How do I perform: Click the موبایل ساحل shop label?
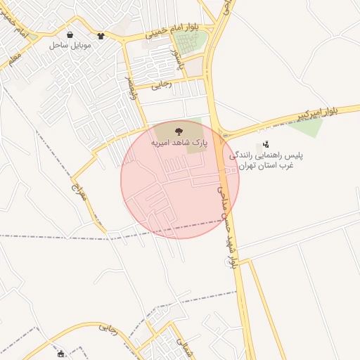tap(67, 44)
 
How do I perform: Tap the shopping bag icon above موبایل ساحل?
tap(70, 34)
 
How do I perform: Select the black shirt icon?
tap(101, 35)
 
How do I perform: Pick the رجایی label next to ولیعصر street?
tap(162, 84)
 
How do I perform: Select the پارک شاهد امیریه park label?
tap(180, 142)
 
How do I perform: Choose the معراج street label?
tap(79, 187)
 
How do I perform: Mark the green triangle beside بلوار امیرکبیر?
tap(307, 127)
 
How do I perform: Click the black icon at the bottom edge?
tap(61, 354)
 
